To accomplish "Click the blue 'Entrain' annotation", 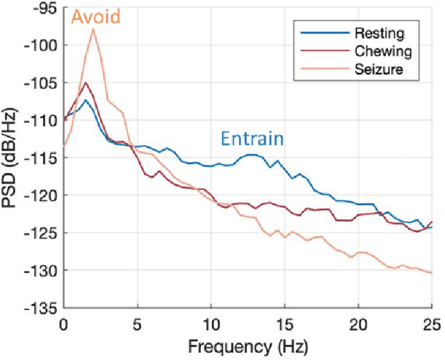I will point(252,138).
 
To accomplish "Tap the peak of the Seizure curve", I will point(93,28).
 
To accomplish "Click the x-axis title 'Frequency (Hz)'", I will point(248,345).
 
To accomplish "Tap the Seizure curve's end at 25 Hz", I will point(432,272).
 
